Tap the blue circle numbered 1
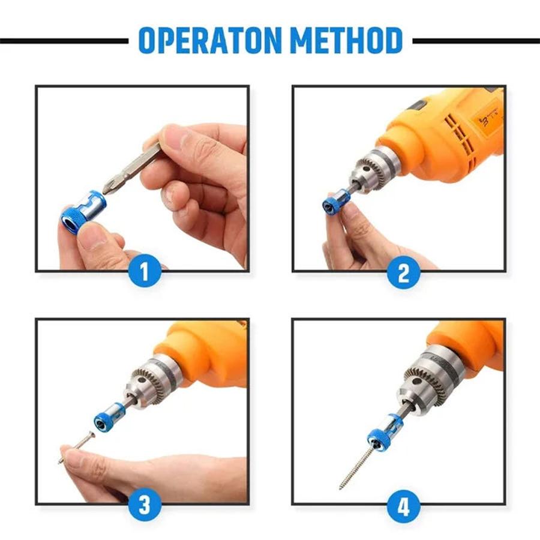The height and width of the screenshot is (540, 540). [144, 274]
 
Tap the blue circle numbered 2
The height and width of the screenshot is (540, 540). [403, 274]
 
